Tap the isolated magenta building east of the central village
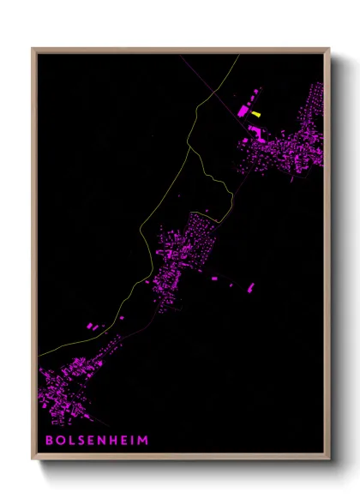pyautogui.click(x=250, y=287)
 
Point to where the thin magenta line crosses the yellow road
pyautogui.click(x=217, y=83)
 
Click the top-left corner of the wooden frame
pyautogui.click(x=33, y=48)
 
